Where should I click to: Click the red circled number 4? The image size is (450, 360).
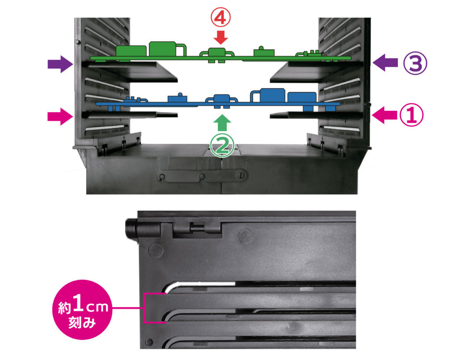[x=221, y=18]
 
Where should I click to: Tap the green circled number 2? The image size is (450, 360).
[x=222, y=146]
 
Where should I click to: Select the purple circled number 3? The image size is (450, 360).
[x=415, y=63]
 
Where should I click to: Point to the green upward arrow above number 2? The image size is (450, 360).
[x=222, y=123]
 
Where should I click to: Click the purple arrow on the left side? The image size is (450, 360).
[x=60, y=63]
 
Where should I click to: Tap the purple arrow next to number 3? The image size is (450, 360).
[x=385, y=62]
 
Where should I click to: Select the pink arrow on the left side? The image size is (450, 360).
[x=60, y=116]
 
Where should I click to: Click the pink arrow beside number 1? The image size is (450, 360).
[x=385, y=115]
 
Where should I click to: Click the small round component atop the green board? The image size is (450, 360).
[x=261, y=48]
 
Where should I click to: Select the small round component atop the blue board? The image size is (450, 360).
[x=180, y=95]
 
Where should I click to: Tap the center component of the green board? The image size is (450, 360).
[x=217, y=55]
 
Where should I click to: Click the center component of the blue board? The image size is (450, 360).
[x=222, y=101]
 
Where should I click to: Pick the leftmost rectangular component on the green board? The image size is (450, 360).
[x=131, y=51]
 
